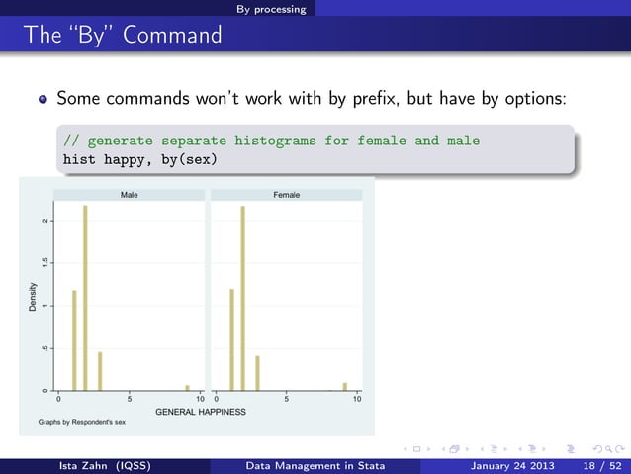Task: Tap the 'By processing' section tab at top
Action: pos(271,9)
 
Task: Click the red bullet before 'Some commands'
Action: pos(43,100)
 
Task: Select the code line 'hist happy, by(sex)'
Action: pos(139,159)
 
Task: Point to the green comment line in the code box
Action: pos(270,141)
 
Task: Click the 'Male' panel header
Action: pos(129,196)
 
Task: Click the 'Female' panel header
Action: pos(286,196)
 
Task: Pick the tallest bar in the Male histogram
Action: pos(85,297)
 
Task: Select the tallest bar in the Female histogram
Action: pos(243,298)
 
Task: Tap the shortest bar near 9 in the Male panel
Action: pos(187,388)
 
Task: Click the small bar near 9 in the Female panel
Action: pos(345,386)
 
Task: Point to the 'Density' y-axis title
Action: pos(33,298)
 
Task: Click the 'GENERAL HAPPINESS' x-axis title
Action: pos(207,410)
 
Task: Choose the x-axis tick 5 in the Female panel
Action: pos(287,400)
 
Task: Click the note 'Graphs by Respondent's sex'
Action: pos(82,422)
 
